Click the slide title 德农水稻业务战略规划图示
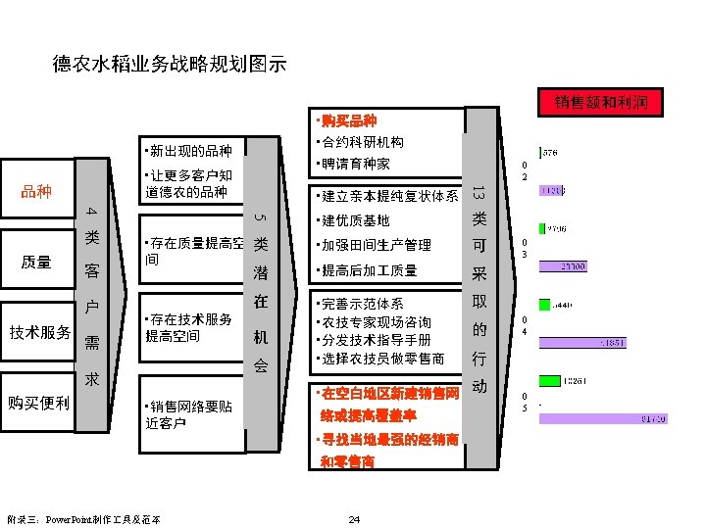[x=169, y=66]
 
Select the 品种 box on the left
[x=36, y=191]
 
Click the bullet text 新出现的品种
[x=187, y=151]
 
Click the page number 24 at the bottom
[x=354, y=518]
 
